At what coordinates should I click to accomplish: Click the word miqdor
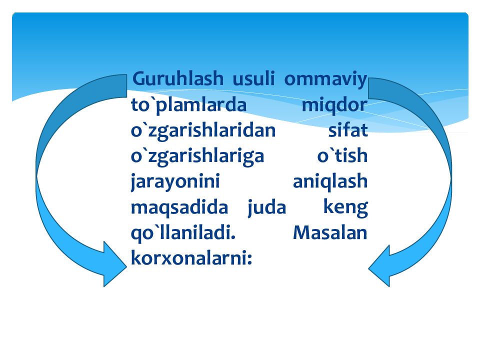coord(334,106)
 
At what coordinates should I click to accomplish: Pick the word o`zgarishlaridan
coord(203,131)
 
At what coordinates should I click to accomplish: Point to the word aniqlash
coord(329,182)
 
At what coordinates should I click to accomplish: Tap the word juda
coord(266,207)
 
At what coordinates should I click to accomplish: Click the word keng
coord(345,207)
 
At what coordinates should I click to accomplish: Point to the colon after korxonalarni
coord(249,259)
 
